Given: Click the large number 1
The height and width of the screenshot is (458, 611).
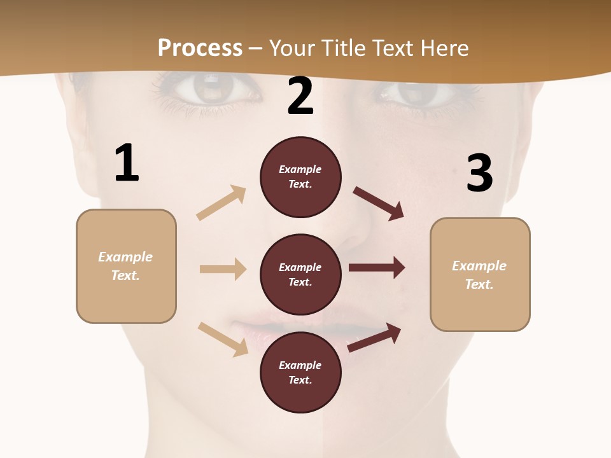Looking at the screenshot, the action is coord(127,163).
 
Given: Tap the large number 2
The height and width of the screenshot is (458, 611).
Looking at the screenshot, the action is coord(300,97).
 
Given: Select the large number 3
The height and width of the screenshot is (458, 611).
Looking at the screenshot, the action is coord(479,174).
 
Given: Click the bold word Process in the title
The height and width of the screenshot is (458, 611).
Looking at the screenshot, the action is coord(200,48).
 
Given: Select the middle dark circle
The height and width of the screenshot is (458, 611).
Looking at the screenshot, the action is coord(300,274).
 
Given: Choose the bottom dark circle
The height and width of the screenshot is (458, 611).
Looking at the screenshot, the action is coord(300,372).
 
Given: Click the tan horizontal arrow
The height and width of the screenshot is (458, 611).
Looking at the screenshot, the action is coord(223,269).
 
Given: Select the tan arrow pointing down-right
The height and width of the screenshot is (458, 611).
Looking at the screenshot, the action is coord(223,339).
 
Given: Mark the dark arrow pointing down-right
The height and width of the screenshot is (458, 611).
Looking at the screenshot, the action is coord(379,204).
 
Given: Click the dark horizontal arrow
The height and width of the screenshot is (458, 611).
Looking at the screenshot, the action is coord(377,267).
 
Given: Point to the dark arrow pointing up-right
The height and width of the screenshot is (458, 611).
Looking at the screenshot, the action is coord(374,338).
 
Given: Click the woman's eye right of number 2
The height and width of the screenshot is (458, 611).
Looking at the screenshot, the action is coord(414,92).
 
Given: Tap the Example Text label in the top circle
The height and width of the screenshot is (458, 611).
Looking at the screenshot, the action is coord(300,177).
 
